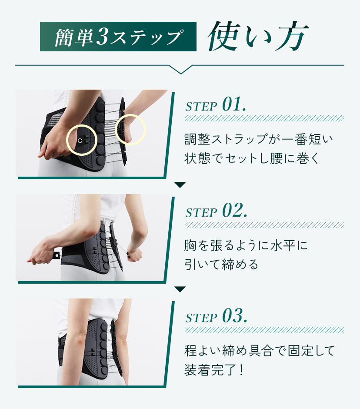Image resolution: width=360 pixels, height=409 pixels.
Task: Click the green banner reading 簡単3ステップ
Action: coord(118,37)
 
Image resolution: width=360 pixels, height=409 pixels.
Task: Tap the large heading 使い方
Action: coord(258,36)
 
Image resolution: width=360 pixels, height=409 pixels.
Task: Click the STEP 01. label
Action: coord(216,105)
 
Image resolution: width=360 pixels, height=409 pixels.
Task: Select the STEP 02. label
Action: coord(216,211)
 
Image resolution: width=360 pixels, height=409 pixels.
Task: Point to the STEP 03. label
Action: coord(216,316)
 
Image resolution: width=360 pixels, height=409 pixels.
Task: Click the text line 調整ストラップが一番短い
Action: coord(259,139)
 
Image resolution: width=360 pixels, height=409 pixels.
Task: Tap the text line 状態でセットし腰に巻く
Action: coord(252,158)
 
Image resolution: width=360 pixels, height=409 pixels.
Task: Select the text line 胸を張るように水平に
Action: coord(246,245)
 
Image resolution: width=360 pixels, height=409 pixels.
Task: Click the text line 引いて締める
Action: coord(221,265)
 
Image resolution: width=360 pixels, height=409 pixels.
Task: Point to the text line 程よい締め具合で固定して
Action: coord(260,351)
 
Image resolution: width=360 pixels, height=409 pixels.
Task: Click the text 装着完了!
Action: coord(214,370)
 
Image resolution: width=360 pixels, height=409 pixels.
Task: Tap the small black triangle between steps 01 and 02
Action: coord(180,185)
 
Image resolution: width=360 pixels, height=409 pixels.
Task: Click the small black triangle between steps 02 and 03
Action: coord(180,289)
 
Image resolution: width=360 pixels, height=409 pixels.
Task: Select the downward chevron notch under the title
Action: coord(180,70)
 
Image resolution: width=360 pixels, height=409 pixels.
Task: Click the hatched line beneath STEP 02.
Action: coord(264,225)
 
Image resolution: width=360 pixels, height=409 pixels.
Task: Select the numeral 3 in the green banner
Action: coord(102,37)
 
